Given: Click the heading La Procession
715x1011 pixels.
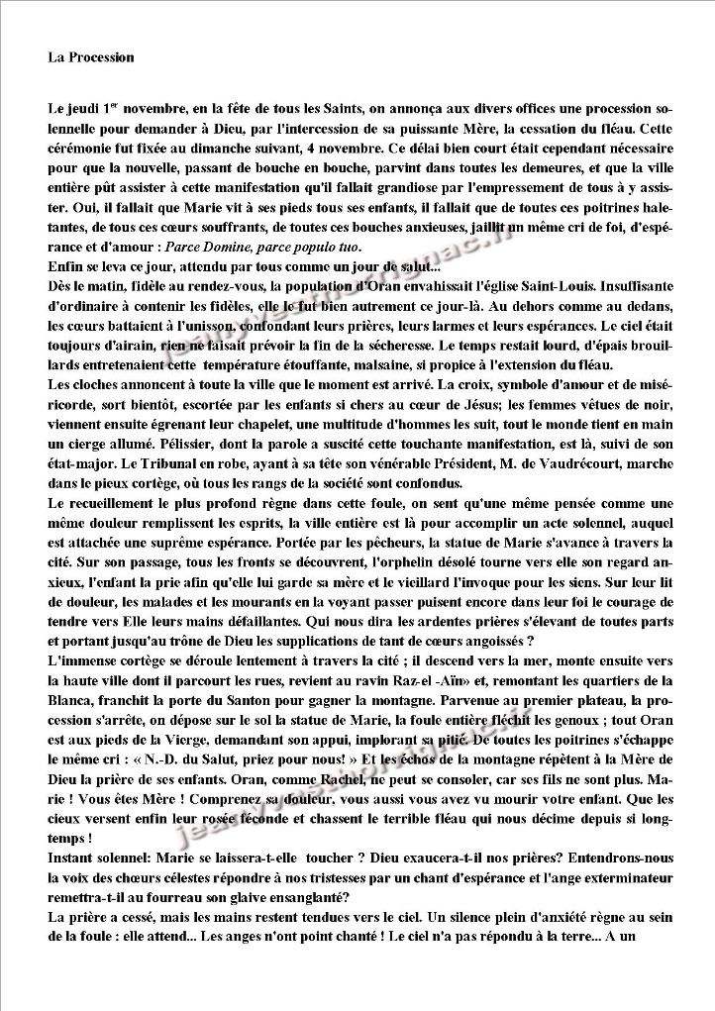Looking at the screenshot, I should [90, 58].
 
